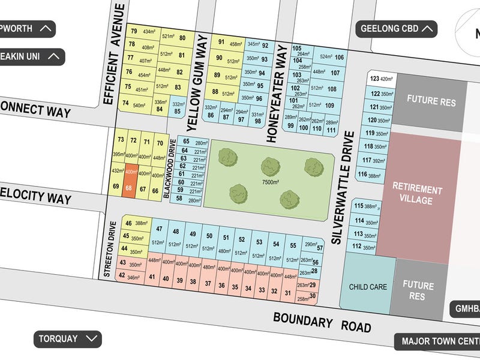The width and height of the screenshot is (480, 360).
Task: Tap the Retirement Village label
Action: coord(417,195)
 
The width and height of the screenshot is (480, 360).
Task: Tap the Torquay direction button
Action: coord(67,338)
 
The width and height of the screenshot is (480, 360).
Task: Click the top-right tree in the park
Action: coord(312,166)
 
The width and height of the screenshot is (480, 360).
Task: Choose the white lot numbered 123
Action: coord(380,79)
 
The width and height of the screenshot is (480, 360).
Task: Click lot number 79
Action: coord(133,31)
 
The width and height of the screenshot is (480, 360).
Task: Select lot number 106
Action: coord(340,58)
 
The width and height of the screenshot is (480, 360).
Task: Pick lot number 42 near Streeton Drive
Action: coord(122,276)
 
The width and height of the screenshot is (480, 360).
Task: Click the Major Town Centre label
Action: coord(439,341)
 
